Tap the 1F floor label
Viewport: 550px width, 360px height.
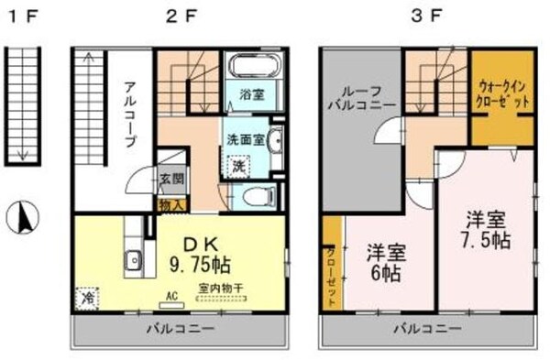pyautogui.click(x=21, y=16)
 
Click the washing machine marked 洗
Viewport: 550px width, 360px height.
pyautogui.click(x=237, y=168)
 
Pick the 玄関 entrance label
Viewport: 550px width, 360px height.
pyautogui.click(x=171, y=180)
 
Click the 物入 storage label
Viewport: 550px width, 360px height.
pyautogui.click(x=171, y=205)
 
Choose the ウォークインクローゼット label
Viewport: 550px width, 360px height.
pyautogui.click(x=502, y=93)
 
